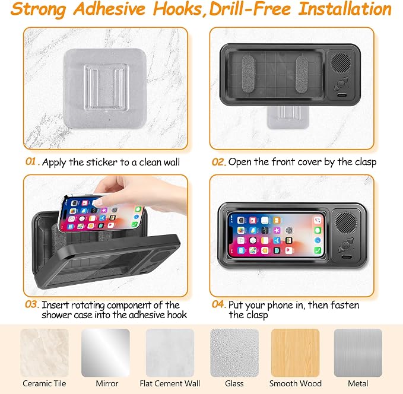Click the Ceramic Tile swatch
point(44,352)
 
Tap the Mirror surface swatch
point(106,352)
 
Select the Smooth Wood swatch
point(296,352)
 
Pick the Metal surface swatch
point(358,352)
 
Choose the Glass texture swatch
point(234,352)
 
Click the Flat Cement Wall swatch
point(170,352)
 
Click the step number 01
point(31,161)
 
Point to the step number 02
point(218,162)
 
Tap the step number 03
point(31,304)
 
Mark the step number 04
point(219,304)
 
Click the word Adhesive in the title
point(109,9)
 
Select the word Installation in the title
point(345,9)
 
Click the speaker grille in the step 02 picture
point(341,62)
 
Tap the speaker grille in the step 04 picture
point(345,222)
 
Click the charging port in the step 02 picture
point(342,95)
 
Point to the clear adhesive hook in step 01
point(106,88)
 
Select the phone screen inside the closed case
point(276,235)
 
